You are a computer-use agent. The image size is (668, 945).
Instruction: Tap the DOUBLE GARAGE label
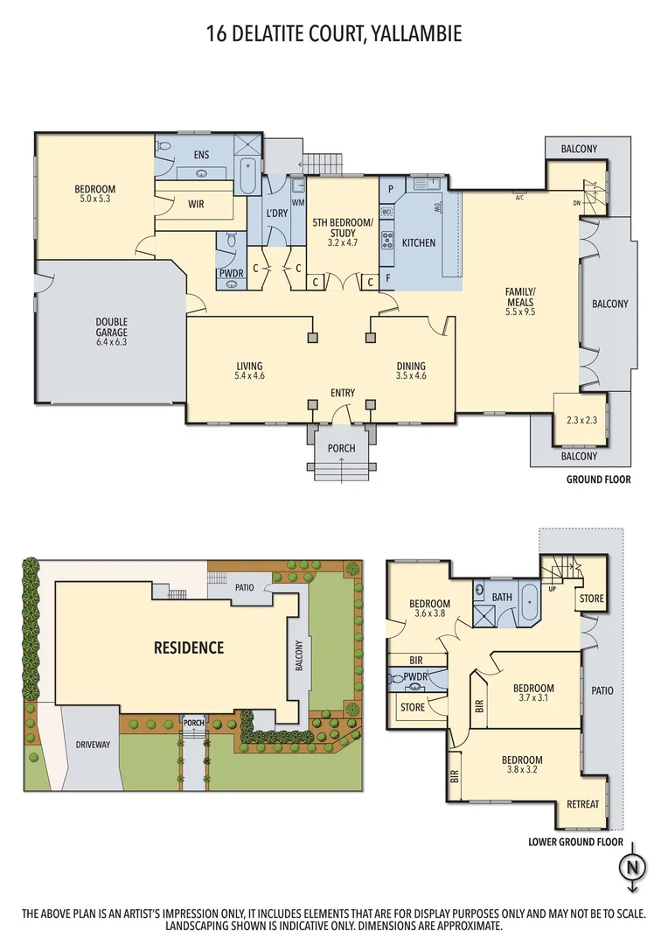click(112, 326)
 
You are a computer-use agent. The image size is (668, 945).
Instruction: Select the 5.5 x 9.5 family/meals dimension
click(520, 311)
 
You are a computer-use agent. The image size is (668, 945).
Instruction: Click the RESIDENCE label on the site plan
click(189, 648)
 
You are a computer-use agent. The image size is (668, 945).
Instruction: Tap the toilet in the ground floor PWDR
click(231, 241)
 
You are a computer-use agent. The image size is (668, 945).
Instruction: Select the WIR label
click(196, 204)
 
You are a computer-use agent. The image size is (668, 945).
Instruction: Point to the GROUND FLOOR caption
click(598, 479)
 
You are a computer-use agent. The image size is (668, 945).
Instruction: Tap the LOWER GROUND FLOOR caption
click(575, 843)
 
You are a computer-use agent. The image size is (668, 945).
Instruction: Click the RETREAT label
click(582, 804)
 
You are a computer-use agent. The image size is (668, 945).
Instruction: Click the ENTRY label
click(342, 393)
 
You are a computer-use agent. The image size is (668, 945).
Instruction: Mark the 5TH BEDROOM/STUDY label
click(342, 227)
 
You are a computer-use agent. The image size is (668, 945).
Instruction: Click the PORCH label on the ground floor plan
click(341, 449)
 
